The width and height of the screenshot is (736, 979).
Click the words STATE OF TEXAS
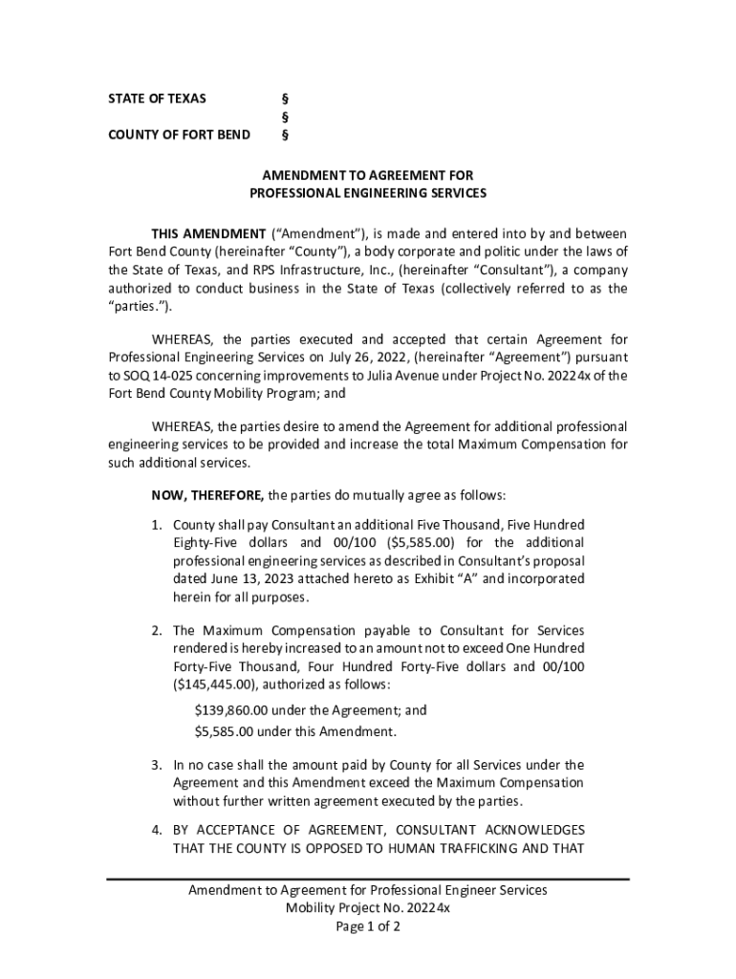tap(157, 98)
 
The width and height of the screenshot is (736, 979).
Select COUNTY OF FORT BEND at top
tap(179, 134)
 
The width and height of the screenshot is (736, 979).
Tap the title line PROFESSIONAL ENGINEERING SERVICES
tap(368, 193)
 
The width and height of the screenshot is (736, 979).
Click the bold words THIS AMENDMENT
tap(208, 234)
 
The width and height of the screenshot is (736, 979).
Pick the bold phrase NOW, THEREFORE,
tap(207, 495)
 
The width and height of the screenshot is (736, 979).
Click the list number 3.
tap(156, 765)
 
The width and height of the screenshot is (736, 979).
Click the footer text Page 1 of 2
tap(368, 926)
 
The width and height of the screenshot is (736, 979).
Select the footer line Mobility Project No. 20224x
tap(368, 908)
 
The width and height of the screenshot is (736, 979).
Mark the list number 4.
tap(156, 829)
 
